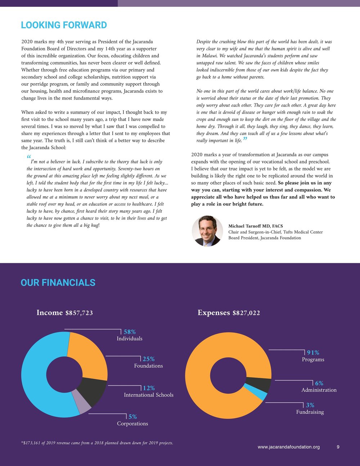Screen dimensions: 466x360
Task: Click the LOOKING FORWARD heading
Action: [x=64, y=25]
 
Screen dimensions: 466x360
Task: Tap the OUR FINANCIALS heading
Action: [x=58, y=283]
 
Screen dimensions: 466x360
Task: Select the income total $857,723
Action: [x=79, y=313]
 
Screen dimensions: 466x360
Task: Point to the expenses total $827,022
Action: [x=246, y=313]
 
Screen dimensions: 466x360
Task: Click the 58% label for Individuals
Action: [x=130, y=332]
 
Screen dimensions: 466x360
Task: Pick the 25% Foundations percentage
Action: [x=149, y=359]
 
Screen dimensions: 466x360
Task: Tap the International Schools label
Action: [x=149, y=395]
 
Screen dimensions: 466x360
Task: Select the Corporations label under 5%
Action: [x=132, y=424]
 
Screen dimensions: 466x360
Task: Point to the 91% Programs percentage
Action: [x=313, y=353]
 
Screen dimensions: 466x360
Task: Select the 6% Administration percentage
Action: [x=319, y=384]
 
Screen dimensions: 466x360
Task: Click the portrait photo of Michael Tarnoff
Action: [x=207, y=231]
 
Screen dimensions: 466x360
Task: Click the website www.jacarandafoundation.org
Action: [x=289, y=447]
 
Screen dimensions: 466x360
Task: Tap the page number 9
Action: [x=338, y=447]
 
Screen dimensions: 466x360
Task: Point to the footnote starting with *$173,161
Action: [x=97, y=443]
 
